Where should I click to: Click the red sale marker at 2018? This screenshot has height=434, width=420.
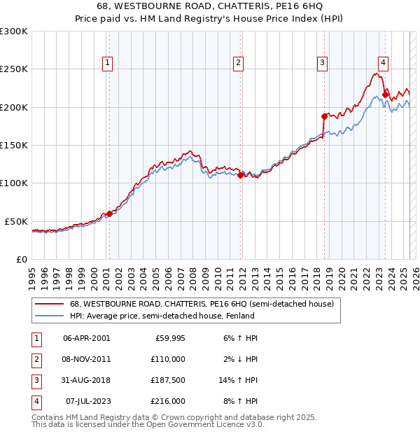click(x=324, y=116)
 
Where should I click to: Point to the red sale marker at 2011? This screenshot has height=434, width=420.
click(x=240, y=176)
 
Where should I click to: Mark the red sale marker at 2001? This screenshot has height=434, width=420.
click(x=109, y=213)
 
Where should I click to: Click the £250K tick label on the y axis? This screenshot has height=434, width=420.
click(x=14, y=69)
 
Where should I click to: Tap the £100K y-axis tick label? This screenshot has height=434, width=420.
click(x=14, y=183)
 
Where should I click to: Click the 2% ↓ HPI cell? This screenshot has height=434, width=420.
click(x=239, y=359)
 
